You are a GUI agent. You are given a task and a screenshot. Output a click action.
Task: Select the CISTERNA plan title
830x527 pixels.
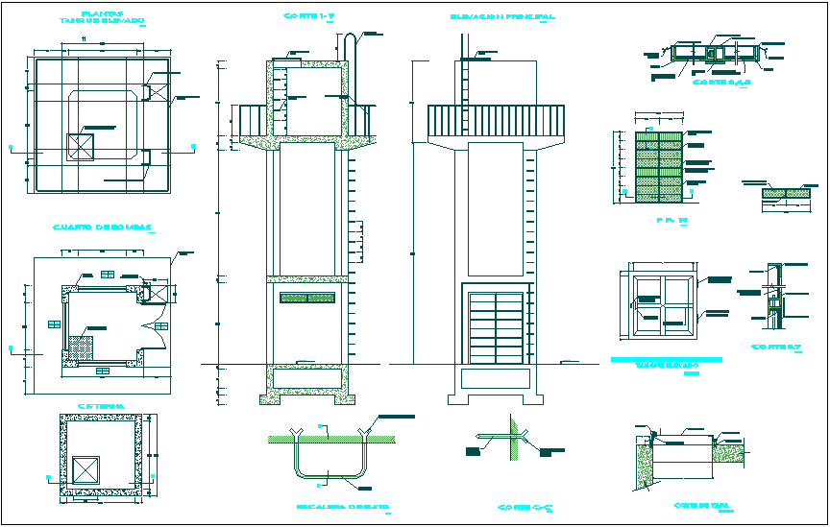coord(99,405)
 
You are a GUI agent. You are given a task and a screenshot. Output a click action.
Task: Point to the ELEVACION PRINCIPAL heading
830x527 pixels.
coord(502,16)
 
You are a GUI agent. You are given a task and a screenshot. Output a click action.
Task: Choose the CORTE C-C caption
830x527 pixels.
coord(522,506)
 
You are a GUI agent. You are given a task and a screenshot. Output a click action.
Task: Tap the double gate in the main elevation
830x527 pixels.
coord(497,329)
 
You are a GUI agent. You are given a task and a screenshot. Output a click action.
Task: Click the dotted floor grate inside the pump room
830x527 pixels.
coord(79,344)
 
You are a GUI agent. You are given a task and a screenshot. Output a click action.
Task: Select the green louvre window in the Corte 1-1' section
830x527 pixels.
coord(307,299)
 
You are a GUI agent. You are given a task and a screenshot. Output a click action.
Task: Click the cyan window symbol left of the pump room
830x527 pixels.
coord(52,325)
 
